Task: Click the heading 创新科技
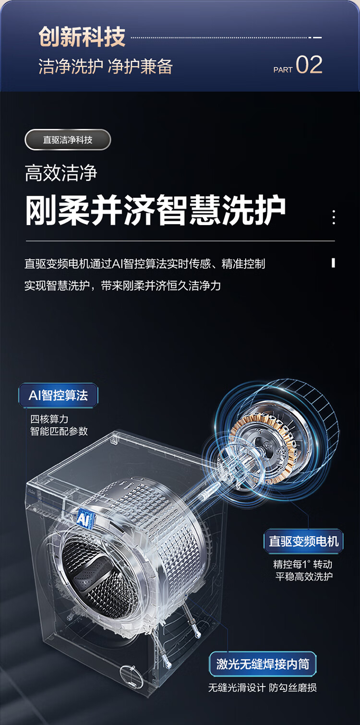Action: (x=82, y=37)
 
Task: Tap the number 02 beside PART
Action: (x=309, y=65)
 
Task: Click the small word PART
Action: (x=283, y=70)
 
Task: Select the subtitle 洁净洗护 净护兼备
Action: (x=106, y=67)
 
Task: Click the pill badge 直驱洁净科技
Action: (x=68, y=140)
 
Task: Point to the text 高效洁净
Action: (x=61, y=173)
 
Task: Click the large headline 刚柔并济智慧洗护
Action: (x=156, y=210)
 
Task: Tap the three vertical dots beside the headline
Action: (x=334, y=217)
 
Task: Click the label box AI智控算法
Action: (x=58, y=395)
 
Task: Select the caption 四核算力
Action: (x=49, y=419)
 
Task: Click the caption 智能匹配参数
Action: (x=59, y=431)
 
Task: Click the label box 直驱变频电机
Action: (x=304, y=541)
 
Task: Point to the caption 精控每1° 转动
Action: (x=303, y=564)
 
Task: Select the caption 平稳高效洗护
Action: (x=304, y=576)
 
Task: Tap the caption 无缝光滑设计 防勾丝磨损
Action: (x=263, y=688)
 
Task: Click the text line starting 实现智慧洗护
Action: (x=123, y=286)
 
